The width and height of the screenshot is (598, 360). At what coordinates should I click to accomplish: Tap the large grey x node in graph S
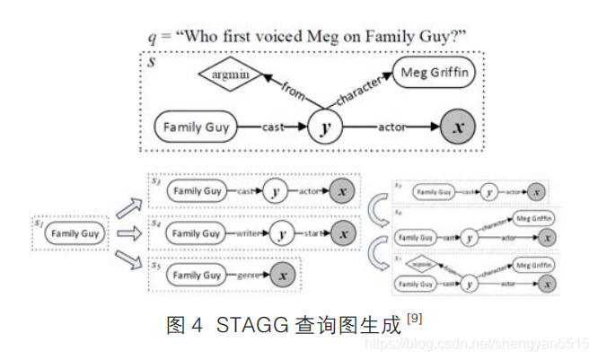click(459, 127)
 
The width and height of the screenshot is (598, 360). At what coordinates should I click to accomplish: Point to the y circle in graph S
click(325, 127)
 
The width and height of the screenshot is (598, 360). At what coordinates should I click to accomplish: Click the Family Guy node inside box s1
click(76, 233)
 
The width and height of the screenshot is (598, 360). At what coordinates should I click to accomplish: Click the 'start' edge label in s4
click(314, 233)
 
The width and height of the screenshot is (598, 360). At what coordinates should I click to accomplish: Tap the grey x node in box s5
click(282, 275)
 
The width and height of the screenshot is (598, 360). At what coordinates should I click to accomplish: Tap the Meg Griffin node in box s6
click(532, 218)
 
